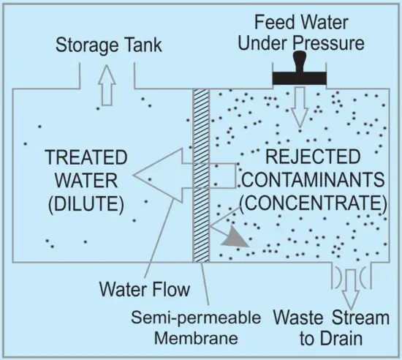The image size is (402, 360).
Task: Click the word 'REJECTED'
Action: pos(312,157)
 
